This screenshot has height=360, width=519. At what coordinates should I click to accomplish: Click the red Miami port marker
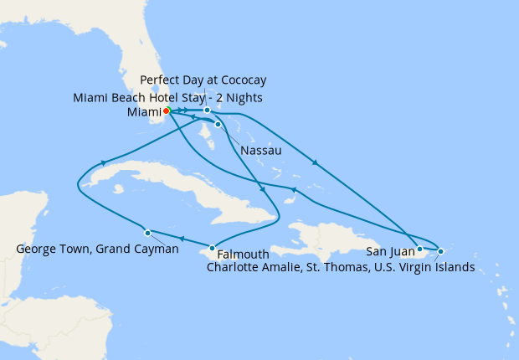[x=167, y=111]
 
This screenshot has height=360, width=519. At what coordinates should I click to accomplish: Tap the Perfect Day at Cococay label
[x=203, y=80]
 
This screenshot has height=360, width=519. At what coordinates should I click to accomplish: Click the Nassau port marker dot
[x=218, y=125]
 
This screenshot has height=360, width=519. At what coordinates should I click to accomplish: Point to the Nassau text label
[x=259, y=151]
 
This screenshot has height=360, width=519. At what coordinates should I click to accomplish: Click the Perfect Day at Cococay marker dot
[x=207, y=110]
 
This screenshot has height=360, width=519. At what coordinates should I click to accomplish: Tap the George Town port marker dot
[x=147, y=233]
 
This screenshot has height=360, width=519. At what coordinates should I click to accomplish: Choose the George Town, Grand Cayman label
[x=97, y=249]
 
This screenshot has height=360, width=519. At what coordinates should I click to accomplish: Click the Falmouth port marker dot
[x=213, y=248]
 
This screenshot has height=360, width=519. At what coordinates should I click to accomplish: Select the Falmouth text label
[x=244, y=255]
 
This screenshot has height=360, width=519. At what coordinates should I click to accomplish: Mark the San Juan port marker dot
[x=419, y=249]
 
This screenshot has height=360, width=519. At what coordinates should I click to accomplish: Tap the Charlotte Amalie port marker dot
[x=440, y=251]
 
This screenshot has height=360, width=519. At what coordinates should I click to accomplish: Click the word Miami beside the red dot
[x=144, y=111]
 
